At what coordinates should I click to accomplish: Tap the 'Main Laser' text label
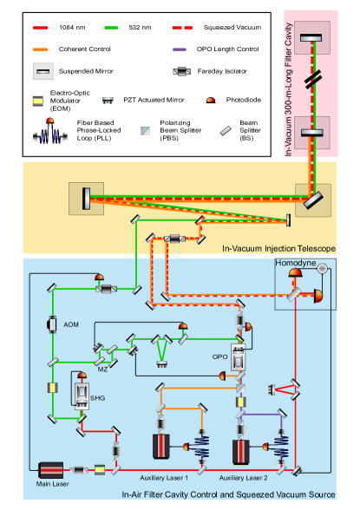(x=53, y=485)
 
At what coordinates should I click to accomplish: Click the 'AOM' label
(x=70, y=324)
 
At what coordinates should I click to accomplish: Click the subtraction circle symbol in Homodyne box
(x=322, y=268)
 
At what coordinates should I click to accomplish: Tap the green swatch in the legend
(x=111, y=28)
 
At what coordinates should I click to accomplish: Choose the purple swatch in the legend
(x=181, y=49)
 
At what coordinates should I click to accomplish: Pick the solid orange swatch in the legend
(x=40, y=49)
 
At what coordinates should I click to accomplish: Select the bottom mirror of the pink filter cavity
(x=310, y=133)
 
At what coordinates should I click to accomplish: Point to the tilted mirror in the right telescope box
(x=310, y=200)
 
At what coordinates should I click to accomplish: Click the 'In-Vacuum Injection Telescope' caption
(x=278, y=249)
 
